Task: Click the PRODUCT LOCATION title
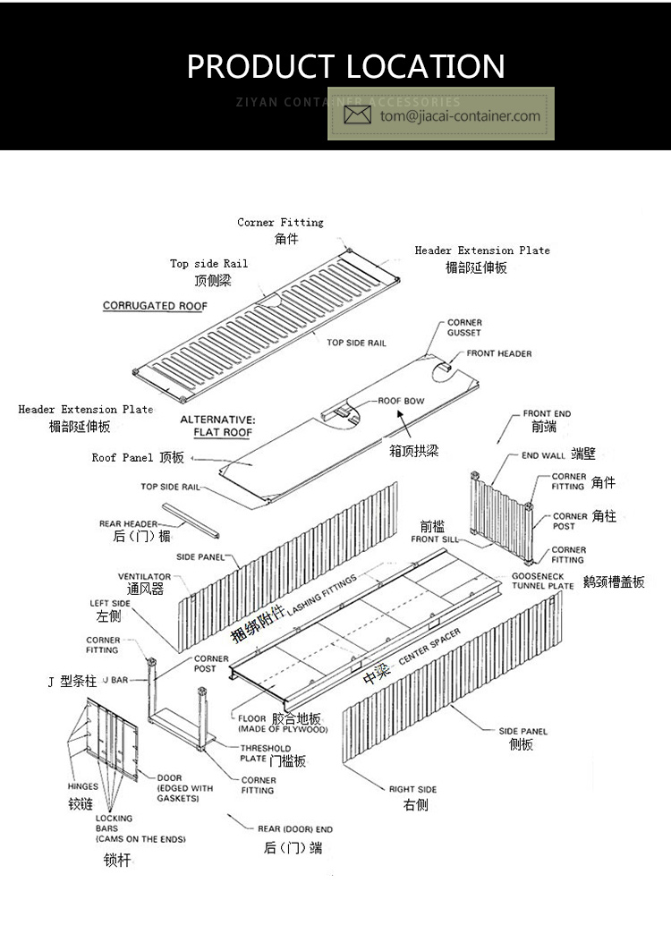click(x=345, y=66)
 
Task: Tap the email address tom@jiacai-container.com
click(x=460, y=115)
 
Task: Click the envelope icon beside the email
click(x=358, y=115)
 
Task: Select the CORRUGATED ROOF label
click(x=155, y=306)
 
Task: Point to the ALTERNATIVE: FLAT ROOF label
click(x=217, y=426)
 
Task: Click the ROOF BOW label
click(x=401, y=401)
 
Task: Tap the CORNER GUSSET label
click(x=464, y=327)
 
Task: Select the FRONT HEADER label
click(x=498, y=353)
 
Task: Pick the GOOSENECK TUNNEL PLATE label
click(x=542, y=581)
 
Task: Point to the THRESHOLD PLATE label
click(x=266, y=752)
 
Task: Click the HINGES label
click(x=83, y=787)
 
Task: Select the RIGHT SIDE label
click(x=412, y=789)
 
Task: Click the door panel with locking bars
click(x=114, y=739)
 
